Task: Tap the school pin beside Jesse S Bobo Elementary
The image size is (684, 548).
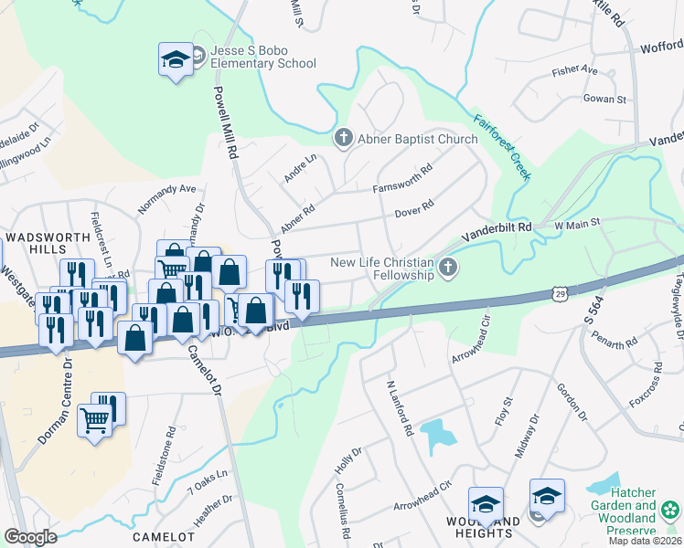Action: pos(175,60)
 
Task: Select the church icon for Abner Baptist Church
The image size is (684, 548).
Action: pos(344,139)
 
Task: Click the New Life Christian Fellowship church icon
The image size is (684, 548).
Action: pos(447,268)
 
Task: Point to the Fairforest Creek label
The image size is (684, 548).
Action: pos(501,147)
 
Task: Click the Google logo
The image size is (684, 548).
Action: pos(30,536)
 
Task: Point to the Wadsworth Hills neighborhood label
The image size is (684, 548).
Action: pos(48,242)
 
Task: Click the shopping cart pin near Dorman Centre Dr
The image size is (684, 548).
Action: pos(95,421)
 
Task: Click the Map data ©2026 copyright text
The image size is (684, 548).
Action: pos(644,541)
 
